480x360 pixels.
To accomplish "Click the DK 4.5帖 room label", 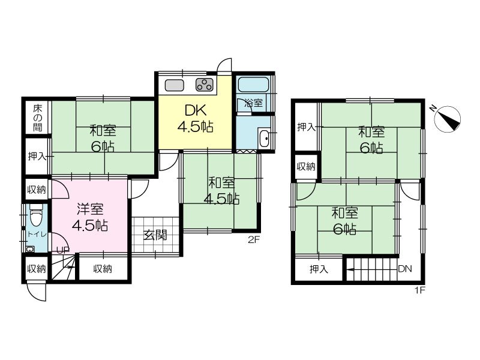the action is point(196,118).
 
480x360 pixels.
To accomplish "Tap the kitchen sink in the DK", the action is point(174,85).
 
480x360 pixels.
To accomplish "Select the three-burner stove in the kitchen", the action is point(205,85).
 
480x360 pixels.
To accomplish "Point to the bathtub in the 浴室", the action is point(253,85).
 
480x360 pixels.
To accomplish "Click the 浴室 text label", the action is point(254,103).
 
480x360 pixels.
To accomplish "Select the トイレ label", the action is point(37,235).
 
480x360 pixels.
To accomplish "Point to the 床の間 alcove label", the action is point(38,118).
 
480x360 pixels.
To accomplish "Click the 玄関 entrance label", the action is point(155,235).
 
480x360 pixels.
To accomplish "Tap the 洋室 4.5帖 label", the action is point(89,217).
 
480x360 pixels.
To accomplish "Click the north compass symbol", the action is point(448,119).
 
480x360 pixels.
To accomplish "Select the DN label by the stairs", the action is point(405,269).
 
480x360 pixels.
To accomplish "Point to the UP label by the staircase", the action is point(63,250).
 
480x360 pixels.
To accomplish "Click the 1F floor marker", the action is point(420,290).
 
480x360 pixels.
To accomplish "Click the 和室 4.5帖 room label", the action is point(221,191).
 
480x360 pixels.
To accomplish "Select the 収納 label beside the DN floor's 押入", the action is point(306,167).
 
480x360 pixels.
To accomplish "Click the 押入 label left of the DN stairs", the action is point(319,269).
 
